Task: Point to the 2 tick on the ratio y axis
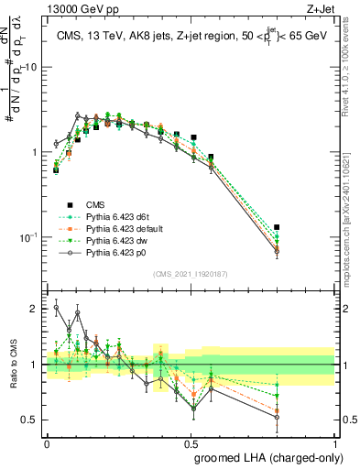[36, 310]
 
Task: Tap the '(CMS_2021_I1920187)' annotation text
[191, 274]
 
